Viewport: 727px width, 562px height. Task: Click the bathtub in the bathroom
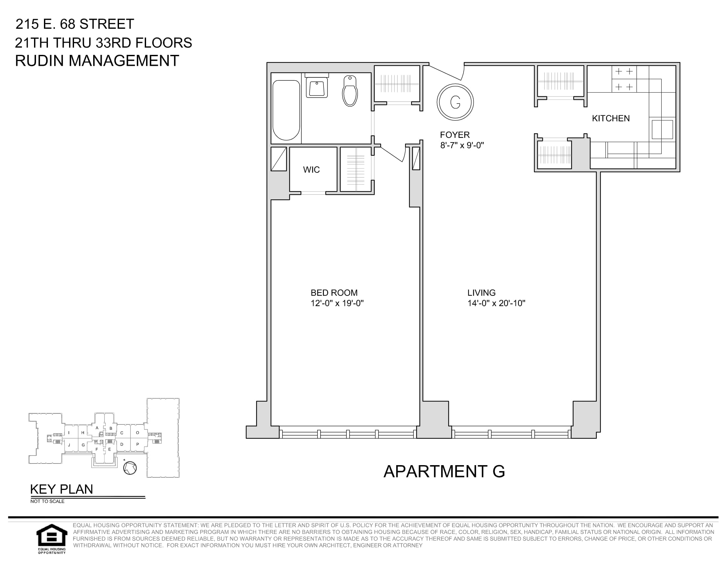[286, 110]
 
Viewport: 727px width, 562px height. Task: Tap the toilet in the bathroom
[350, 91]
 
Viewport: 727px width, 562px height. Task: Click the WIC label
[311, 170]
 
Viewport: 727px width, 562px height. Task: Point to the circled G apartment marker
[455, 102]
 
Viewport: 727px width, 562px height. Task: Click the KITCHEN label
[611, 119]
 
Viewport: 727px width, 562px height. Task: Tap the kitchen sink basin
[662, 129]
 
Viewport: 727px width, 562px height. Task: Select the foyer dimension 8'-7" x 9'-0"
[462, 145]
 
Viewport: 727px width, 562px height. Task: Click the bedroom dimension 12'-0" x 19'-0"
[337, 303]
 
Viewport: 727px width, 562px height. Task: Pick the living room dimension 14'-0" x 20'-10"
[496, 303]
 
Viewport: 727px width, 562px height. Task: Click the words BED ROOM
[334, 293]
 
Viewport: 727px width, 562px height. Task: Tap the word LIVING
[481, 293]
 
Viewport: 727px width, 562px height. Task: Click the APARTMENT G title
[444, 471]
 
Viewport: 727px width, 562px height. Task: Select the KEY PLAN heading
[61, 489]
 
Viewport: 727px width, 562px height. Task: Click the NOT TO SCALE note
[47, 502]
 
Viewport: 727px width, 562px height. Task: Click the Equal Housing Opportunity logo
[51, 539]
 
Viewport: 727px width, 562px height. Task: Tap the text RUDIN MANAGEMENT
[97, 61]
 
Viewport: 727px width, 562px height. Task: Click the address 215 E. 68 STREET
[75, 24]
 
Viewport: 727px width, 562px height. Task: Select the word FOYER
[455, 135]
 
